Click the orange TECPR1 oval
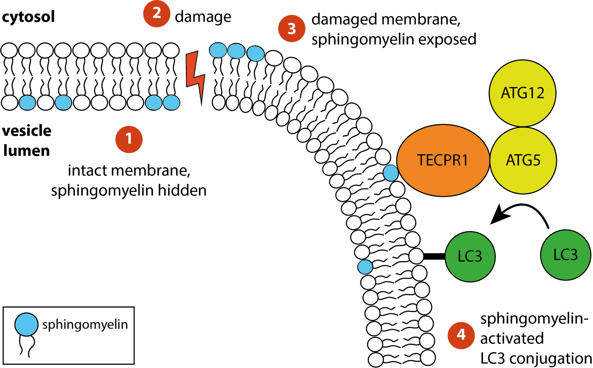pos(443,160)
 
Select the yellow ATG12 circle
pos(522,93)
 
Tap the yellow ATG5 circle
pos(523,160)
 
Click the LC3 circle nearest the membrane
pos(470,256)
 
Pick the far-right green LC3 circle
pos(565,255)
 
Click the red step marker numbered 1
pos(129,139)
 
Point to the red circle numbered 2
pos(157,14)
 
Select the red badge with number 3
pos(292,28)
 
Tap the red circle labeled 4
pos(461,335)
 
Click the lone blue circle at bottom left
pos(26,325)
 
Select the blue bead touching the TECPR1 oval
pos(391,173)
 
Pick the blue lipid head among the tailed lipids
pos(365,267)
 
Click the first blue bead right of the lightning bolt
pos(218,50)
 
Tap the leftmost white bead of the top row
pos(9,50)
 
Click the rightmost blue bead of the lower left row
pos(171,103)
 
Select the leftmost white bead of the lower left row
pos(10,103)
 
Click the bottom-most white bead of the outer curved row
pos(428,358)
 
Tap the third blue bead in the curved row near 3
pos(256,54)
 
